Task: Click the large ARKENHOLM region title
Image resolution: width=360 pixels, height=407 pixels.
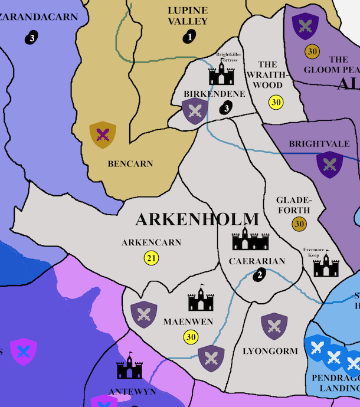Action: coord(197,219)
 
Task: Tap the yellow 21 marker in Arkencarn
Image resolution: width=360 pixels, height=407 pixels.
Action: coord(152,258)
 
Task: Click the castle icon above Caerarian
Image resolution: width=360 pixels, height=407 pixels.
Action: coord(250,238)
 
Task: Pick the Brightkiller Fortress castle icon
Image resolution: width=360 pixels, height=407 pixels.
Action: coord(221,73)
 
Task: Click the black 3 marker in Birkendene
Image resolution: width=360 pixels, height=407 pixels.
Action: coord(226,108)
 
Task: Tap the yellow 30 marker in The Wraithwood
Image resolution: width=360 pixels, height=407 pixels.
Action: coord(276,102)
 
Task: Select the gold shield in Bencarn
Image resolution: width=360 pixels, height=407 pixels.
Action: coord(103,135)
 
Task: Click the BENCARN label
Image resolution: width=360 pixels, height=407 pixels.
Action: coord(130,164)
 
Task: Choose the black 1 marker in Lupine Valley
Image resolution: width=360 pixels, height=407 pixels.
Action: coord(189,37)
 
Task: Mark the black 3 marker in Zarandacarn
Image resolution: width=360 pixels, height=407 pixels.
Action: coord(32,38)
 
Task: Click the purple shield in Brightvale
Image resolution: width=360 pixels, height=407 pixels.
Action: coord(329,165)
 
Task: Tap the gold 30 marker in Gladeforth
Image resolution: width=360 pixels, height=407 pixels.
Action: coord(300,224)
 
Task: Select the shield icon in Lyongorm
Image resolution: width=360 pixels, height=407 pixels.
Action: coord(274,326)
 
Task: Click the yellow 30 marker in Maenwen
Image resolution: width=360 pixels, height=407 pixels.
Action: coord(190,337)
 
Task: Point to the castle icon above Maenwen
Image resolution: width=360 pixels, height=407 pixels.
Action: coord(201,299)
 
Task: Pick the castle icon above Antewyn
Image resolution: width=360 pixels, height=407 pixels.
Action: coord(129,368)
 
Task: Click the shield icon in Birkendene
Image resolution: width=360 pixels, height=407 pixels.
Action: coord(195,110)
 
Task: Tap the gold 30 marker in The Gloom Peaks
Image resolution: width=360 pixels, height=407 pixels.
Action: coord(312,51)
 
